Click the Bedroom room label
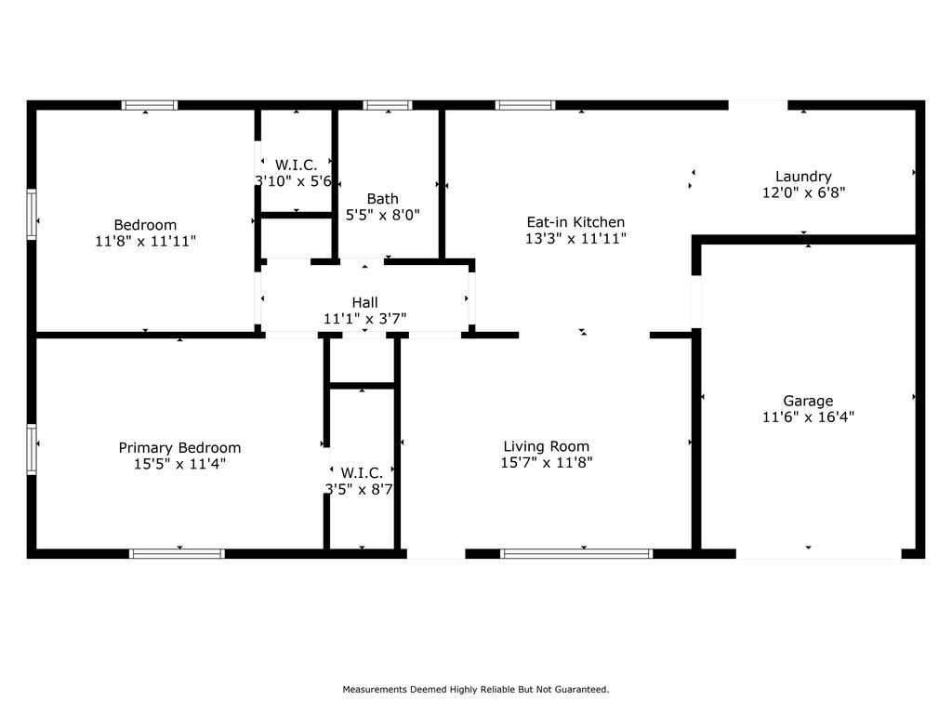pos(145,225)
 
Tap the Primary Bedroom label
pos(179,448)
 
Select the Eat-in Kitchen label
pos(575,222)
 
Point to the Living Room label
pos(547,447)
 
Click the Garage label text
pos(808,402)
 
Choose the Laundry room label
pos(803,177)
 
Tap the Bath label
pos(382,199)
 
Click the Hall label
pos(364,302)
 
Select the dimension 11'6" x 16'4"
pos(808,417)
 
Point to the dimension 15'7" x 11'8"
pos(547,463)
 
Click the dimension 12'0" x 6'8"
pos(804,192)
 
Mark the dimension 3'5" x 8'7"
pos(360,489)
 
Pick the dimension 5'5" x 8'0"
pos(382,215)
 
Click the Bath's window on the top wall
pos(388,105)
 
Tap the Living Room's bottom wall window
pos(576,554)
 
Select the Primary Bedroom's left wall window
pos(32,449)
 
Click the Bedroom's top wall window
pos(150,105)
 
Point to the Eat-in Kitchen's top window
pos(525,105)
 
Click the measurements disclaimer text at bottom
pos(476,689)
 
